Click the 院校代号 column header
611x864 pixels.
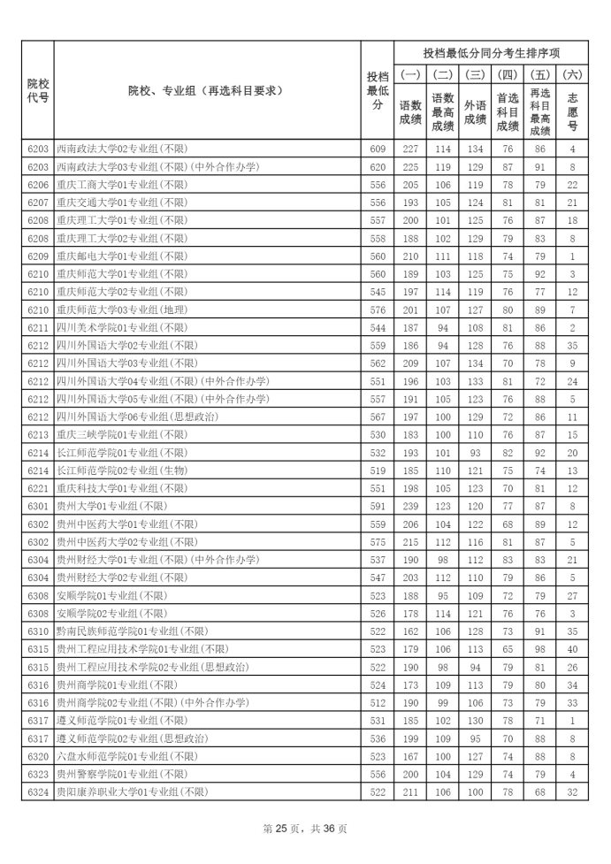pos(37,89)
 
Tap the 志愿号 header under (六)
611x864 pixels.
pos(572,112)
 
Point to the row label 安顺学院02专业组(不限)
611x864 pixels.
pos(111,614)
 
